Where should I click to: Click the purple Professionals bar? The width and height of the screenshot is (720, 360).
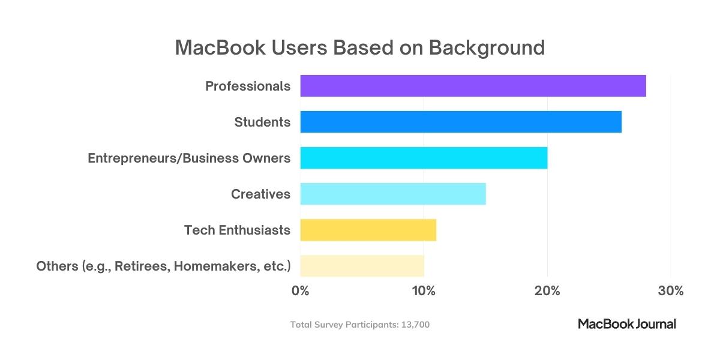click(x=473, y=86)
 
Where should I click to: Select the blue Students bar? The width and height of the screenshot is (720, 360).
click(x=461, y=122)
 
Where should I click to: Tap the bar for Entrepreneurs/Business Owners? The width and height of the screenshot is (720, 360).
click(x=424, y=158)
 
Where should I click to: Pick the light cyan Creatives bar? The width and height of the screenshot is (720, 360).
click(x=393, y=194)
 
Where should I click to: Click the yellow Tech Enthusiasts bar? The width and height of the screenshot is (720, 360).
click(x=368, y=230)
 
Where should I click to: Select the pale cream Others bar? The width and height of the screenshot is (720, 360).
click(x=362, y=266)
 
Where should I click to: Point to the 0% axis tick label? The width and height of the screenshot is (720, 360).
click(x=300, y=291)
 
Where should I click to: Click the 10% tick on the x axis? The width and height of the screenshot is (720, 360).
click(x=424, y=291)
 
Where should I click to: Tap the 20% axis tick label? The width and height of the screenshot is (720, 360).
click(x=547, y=291)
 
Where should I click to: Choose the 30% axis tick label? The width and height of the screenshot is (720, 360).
click(x=670, y=291)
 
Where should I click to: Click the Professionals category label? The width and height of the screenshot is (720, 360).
click(x=248, y=86)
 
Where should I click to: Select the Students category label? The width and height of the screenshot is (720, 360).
click(x=262, y=122)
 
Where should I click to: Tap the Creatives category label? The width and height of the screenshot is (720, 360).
click(x=260, y=194)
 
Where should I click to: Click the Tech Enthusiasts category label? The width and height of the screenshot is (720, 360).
click(x=237, y=230)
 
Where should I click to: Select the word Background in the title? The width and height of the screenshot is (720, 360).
click(x=487, y=47)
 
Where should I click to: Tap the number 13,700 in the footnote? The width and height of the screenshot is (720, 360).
click(x=415, y=325)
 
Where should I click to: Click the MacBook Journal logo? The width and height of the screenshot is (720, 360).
click(x=626, y=324)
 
